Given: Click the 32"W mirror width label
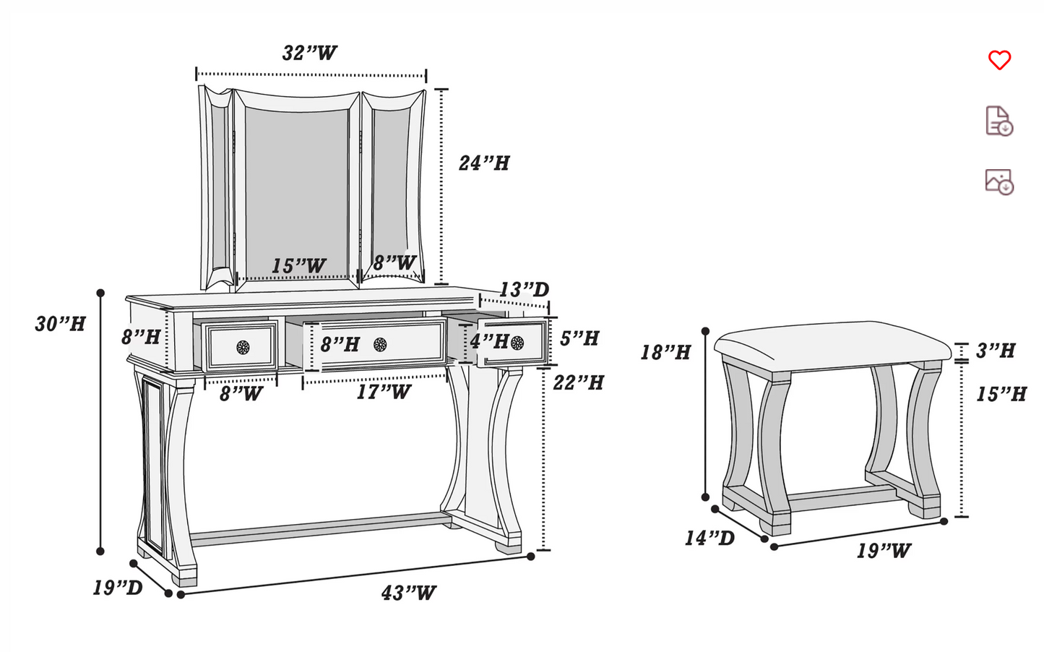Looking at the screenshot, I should point(309,53).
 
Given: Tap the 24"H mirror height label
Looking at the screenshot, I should point(484,163).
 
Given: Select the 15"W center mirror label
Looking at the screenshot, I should point(298,266).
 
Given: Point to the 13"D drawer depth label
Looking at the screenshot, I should point(525,290).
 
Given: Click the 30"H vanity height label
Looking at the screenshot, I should point(60,324).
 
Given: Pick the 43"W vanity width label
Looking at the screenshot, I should point(408,593).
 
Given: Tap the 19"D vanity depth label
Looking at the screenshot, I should point(117,588).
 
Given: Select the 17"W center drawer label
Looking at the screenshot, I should point(383,393).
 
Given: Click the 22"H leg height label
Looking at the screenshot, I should point(578,382).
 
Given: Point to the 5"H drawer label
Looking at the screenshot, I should point(579,338).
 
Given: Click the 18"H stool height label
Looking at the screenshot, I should point(665,352).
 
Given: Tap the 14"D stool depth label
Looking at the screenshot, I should point(709,538).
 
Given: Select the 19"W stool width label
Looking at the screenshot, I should point(884,551).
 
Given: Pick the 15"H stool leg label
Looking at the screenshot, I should point(1001,394).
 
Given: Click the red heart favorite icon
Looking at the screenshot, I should point(999,60).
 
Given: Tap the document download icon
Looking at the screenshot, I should point(999,121).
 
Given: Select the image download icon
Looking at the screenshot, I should point(999,181).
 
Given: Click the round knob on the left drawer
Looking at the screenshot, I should point(243,347).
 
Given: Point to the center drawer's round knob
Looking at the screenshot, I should point(380,344).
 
